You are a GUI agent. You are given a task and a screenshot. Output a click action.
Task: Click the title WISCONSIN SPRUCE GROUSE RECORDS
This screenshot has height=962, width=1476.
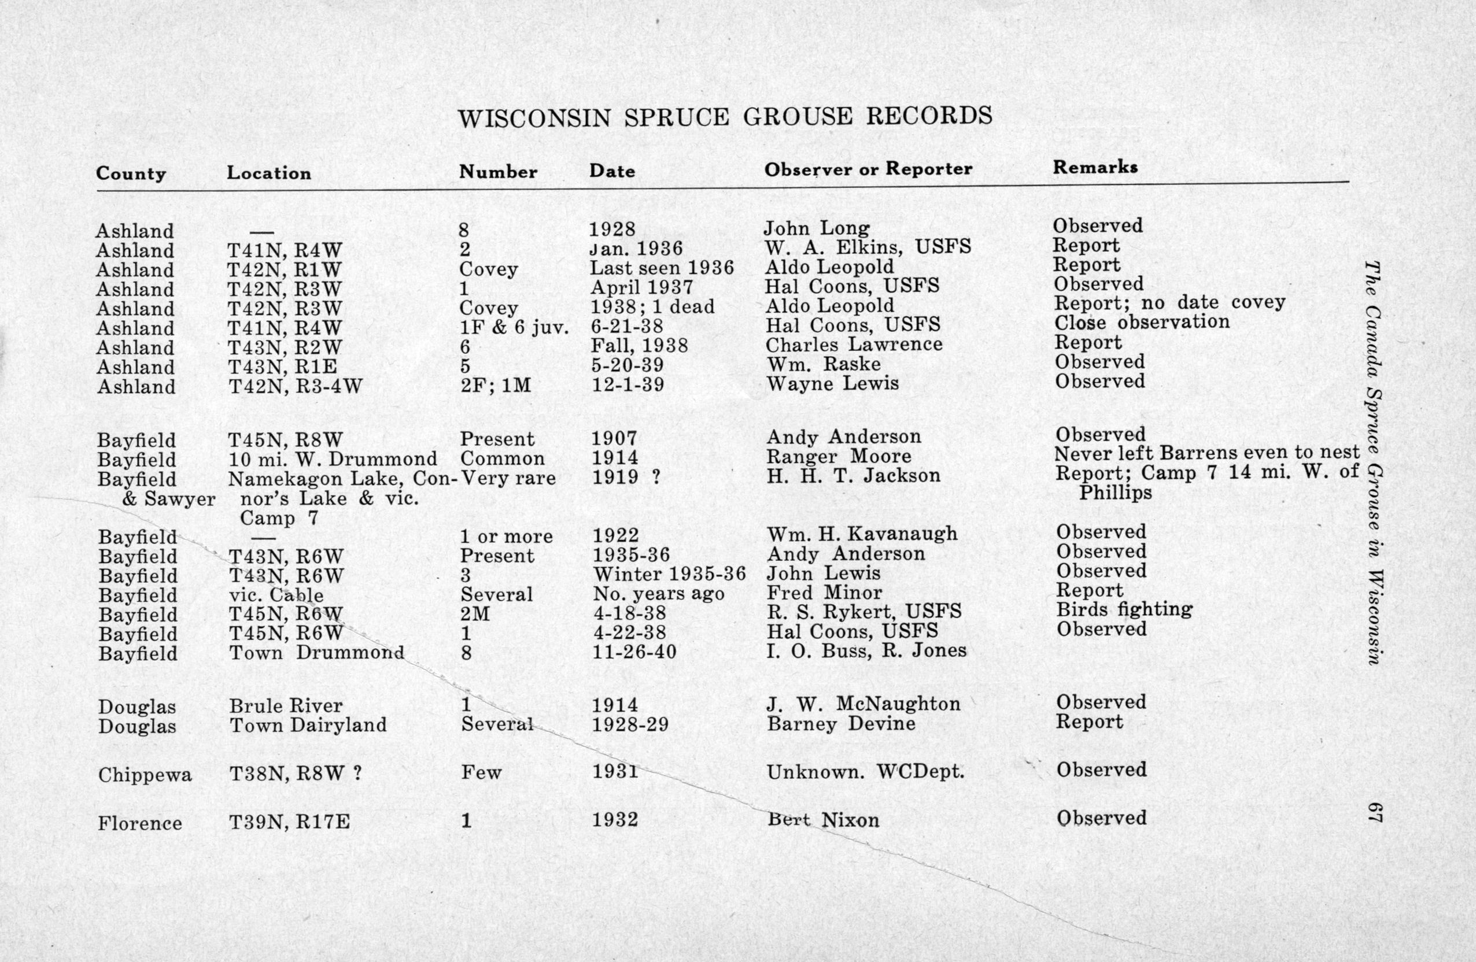(x=725, y=117)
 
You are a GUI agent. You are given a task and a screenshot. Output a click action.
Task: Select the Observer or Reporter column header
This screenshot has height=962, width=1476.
(x=868, y=169)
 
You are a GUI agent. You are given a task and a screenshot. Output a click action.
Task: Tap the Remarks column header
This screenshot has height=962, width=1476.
(x=1095, y=166)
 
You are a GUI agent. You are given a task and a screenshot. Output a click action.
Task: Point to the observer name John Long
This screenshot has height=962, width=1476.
(x=816, y=229)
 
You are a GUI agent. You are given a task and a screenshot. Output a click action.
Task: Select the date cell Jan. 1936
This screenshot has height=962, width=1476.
(x=636, y=249)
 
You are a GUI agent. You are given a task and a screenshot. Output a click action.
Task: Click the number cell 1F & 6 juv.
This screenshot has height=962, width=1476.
(x=514, y=327)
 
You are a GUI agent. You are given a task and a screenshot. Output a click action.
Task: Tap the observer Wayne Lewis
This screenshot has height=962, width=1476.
(x=832, y=384)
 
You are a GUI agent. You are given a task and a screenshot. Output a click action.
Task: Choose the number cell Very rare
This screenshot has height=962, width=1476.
(x=508, y=478)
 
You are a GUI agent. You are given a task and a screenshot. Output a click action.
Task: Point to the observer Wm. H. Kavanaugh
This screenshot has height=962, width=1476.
(x=862, y=534)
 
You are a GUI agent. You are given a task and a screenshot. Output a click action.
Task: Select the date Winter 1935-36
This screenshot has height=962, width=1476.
(x=669, y=573)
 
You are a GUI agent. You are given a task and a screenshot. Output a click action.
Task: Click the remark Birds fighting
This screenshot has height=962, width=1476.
(x=1124, y=609)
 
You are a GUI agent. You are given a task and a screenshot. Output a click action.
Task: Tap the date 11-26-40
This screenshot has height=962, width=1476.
(x=634, y=652)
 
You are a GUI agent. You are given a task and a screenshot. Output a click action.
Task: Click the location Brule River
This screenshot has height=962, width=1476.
(x=285, y=705)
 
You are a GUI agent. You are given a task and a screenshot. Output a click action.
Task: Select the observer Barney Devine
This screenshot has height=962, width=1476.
(x=841, y=724)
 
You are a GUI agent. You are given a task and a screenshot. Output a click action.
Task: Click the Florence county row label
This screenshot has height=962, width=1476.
(x=139, y=824)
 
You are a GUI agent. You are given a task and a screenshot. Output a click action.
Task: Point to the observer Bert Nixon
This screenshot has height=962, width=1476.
(x=823, y=820)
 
